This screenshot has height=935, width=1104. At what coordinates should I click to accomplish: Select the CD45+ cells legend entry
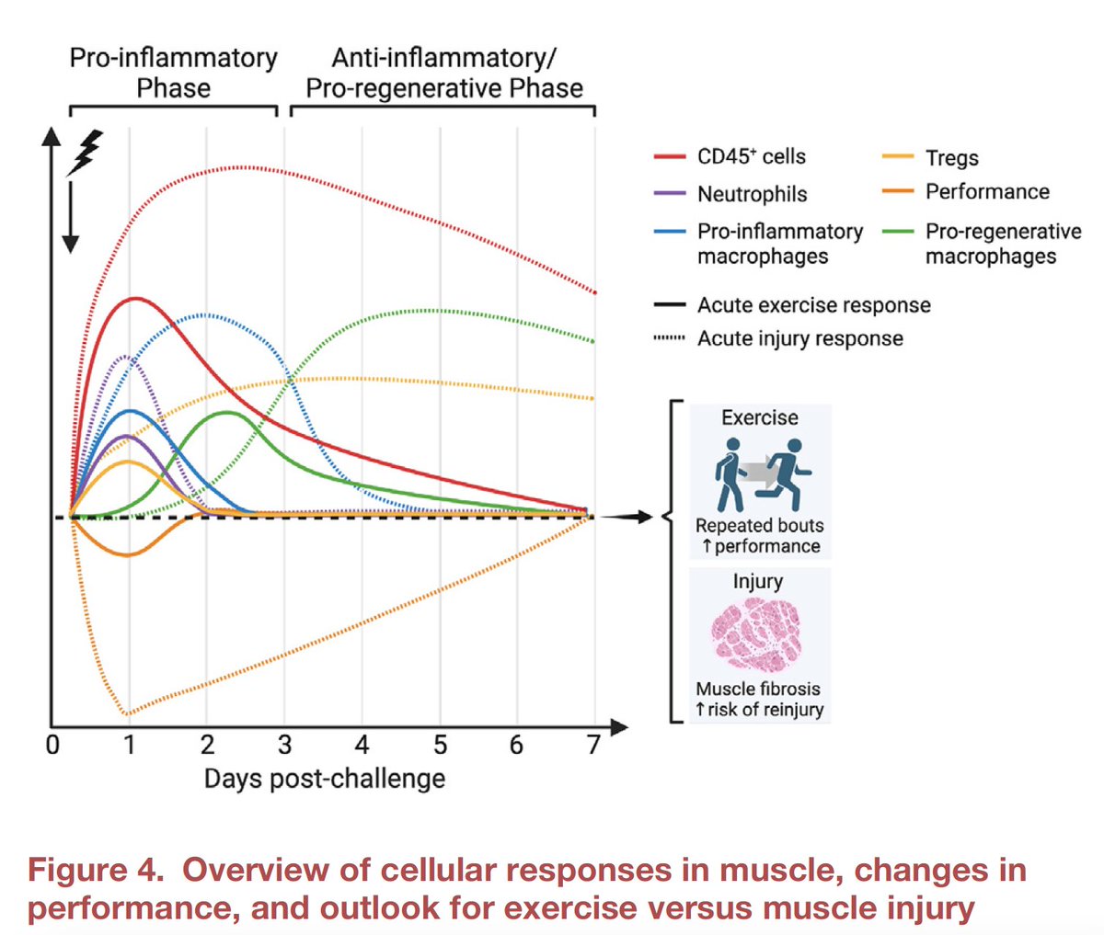(750, 156)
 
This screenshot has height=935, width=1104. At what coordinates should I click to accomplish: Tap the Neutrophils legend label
(752, 194)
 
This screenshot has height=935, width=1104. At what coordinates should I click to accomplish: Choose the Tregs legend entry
(951, 158)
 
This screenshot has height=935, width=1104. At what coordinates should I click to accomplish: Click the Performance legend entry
(986, 191)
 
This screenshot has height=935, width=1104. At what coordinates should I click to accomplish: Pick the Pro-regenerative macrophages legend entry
(1002, 243)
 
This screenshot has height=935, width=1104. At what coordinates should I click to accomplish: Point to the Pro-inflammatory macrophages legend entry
(779, 243)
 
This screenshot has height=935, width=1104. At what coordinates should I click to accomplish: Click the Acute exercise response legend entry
(813, 305)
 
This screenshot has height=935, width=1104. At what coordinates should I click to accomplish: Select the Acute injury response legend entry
(799, 338)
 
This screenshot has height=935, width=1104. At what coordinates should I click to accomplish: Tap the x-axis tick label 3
(285, 744)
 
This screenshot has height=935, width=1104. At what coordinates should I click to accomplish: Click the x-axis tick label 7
(594, 744)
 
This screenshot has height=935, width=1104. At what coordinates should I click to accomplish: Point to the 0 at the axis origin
(52, 744)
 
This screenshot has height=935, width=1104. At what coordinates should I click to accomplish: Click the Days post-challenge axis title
(324, 779)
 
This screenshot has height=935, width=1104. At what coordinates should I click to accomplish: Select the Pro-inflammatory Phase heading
(173, 73)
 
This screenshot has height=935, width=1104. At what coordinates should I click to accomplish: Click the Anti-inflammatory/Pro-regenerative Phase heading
(443, 73)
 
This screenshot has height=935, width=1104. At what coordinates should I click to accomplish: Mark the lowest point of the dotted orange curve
(128, 713)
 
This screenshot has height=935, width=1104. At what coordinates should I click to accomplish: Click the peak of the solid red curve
(136, 298)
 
